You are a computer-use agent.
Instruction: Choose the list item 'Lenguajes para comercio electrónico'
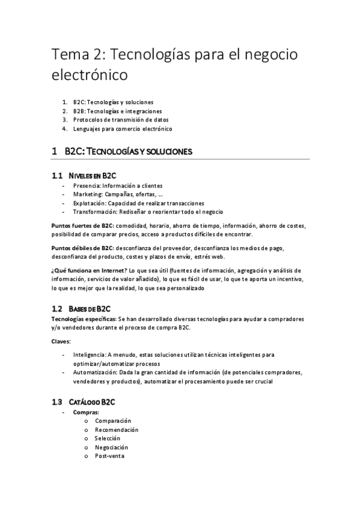pos(123,129)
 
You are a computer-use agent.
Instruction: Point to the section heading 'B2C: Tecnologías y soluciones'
pos(128,152)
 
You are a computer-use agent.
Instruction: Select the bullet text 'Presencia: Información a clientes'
pos(118,186)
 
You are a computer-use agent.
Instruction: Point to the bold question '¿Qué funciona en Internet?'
pos(85,270)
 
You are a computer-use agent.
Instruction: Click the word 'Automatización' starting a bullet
pos(94,372)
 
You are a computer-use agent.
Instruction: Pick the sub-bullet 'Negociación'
pos(111,447)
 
